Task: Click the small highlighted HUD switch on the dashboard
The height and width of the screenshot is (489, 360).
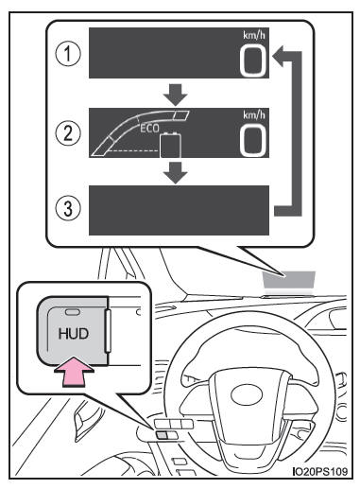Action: click(x=164, y=437)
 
